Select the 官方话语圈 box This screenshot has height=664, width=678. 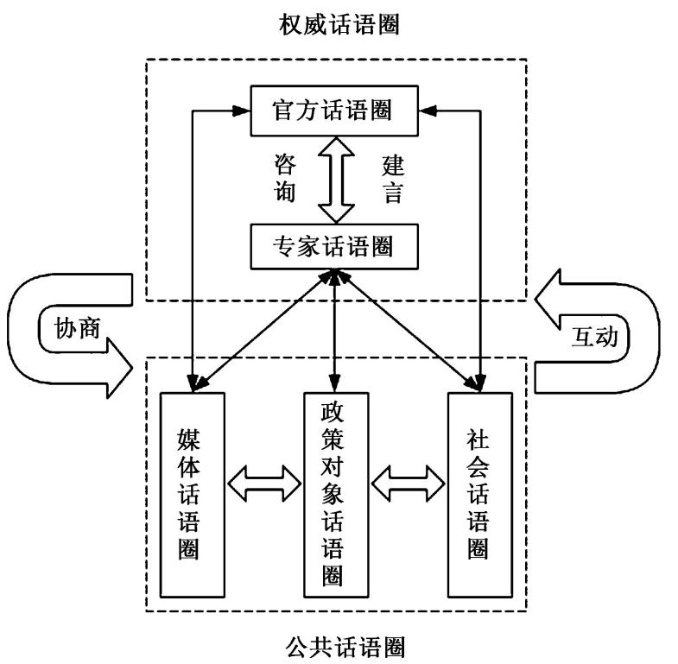tap(333, 111)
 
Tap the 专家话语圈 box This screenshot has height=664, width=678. tap(333, 248)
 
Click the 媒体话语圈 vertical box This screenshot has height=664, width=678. tap(193, 494)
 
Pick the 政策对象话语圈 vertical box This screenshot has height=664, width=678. tap(334, 494)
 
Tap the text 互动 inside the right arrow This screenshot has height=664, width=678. tap(595, 335)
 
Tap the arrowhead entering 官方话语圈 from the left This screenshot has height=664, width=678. tap(243, 110)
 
